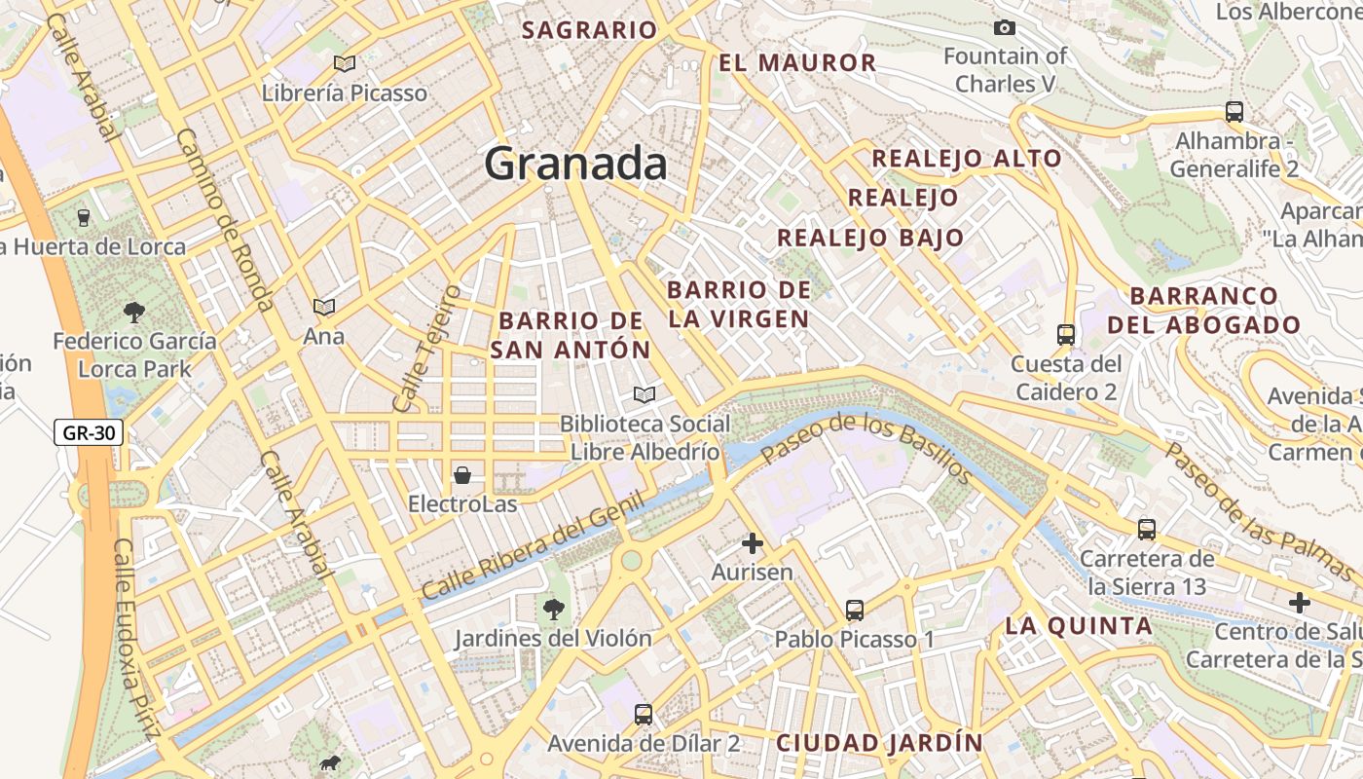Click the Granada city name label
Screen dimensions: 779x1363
575,164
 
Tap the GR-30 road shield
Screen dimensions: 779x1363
89,432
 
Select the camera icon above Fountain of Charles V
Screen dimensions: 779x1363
1004,27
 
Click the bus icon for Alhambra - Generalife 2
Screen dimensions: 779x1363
1234,111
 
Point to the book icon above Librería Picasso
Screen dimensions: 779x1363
344,63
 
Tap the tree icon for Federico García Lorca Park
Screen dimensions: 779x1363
134,312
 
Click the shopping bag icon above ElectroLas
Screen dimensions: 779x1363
462,475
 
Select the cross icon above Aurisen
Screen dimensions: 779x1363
752,542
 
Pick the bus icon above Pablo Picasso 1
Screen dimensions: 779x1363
854,611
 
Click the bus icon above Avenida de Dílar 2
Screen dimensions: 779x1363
643,715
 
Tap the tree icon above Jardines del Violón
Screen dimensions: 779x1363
553,610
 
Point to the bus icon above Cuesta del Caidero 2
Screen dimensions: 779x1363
1065,335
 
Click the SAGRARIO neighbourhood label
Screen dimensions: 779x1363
590,30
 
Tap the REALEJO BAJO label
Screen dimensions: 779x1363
869,238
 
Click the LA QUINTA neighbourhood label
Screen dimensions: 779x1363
1078,626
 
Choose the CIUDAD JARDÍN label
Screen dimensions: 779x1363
879,743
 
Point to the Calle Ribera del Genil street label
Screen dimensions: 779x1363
533,546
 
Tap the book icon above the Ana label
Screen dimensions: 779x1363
324,307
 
